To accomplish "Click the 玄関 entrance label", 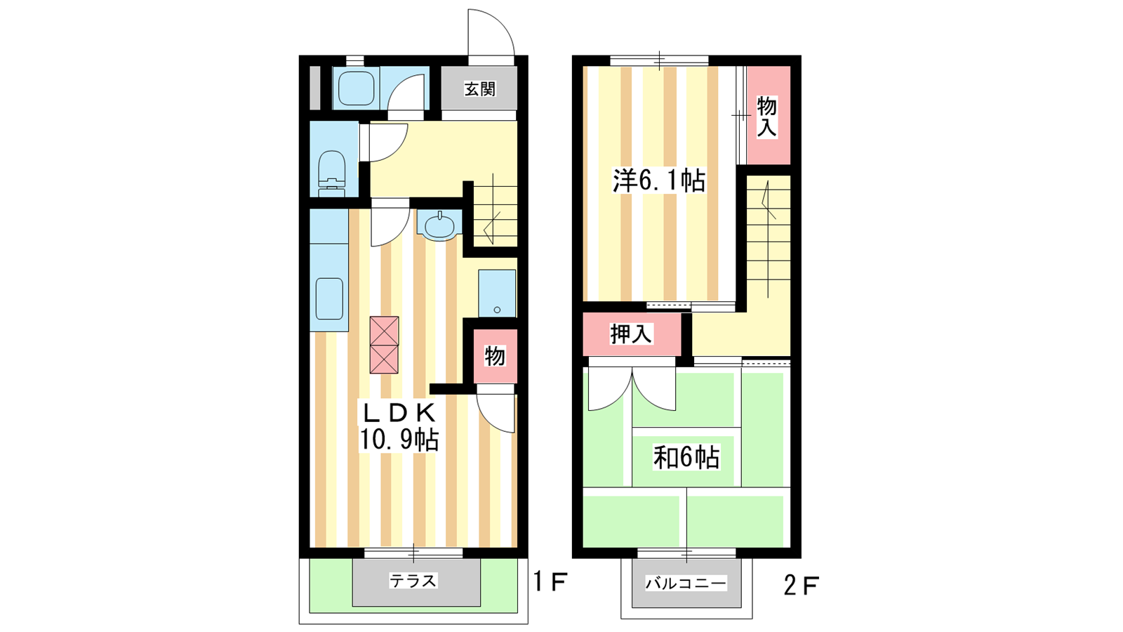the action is point(480,89).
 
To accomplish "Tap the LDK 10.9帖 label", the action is point(399,426).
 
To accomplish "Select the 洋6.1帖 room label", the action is point(659,180).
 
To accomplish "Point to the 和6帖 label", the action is point(686,457).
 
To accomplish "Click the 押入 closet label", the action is point(631,334).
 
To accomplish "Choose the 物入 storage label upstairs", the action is point(766,117).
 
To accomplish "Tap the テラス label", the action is point(413,581).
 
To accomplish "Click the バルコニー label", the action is point(686,584).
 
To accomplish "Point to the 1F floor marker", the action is point(550,582).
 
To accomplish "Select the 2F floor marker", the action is point(801,585).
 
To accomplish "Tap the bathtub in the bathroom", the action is point(356,88).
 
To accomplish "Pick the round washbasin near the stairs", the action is point(439,225).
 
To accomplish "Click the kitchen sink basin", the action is point(329,299).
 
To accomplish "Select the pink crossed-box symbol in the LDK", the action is point(384,345).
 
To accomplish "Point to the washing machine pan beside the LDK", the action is point(497,294).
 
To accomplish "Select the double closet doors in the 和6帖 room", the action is point(632,389).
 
